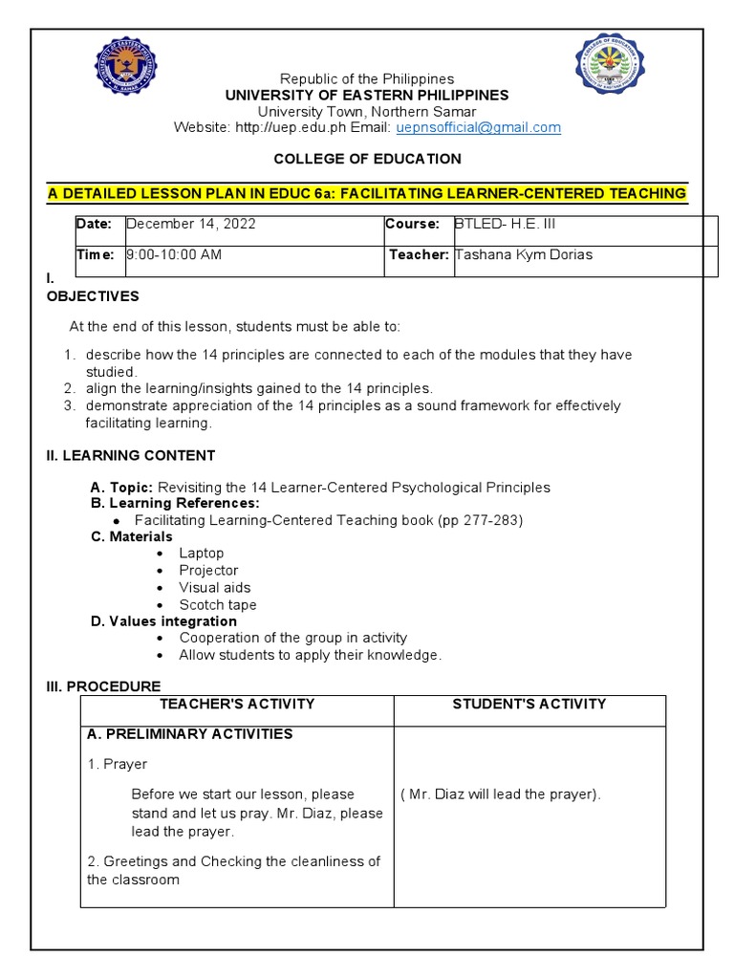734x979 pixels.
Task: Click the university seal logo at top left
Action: [126, 66]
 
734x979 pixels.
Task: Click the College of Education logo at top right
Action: [609, 63]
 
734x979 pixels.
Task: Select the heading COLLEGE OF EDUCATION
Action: [367, 159]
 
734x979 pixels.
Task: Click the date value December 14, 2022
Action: [191, 224]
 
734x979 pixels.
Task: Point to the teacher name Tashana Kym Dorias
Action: [524, 255]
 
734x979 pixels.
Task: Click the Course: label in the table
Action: [412, 224]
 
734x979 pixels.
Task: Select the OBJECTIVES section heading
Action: [93, 296]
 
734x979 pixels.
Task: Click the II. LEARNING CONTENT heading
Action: [131, 455]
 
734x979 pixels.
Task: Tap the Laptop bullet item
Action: [201, 553]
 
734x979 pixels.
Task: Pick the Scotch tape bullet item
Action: [217, 604]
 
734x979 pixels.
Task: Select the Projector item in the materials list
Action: [208, 570]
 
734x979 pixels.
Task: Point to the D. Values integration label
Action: [163, 621]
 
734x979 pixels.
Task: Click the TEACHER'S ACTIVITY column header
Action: [237, 704]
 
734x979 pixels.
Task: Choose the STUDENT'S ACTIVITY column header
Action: [529, 704]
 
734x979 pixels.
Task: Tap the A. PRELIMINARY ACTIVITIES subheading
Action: [189, 734]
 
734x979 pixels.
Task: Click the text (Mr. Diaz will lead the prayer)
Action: [500, 794]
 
